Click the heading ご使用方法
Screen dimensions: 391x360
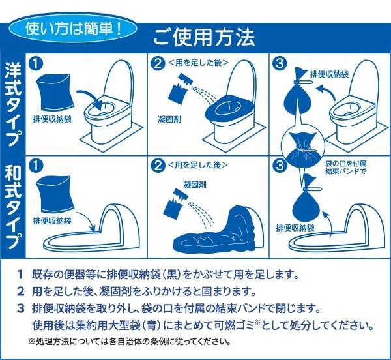(204, 37)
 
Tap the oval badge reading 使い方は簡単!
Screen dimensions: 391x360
(73, 29)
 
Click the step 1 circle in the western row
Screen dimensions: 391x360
(36, 64)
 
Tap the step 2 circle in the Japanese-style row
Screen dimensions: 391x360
(158, 166)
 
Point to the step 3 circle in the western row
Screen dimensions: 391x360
(280, 63)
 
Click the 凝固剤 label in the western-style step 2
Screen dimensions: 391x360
(169, 119)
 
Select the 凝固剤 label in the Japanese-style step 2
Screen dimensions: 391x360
(195, 185)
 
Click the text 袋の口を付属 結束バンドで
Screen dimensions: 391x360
(346, 168)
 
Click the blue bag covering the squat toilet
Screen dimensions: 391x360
(216, 230)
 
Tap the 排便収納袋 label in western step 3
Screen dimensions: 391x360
(329, 74)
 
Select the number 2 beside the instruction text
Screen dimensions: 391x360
(21, 291)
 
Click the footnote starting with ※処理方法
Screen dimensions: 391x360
(130, 341)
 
